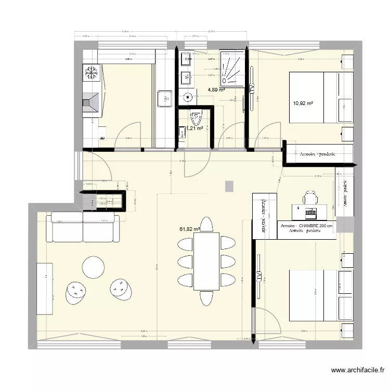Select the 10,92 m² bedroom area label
pyautogui.click(x=303, y=103)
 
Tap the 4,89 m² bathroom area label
pyautogui.click(x=216, y=89)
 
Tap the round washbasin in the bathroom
pyautogui.click(x=187, y=97)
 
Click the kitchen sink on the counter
pyautogui.click(x=165, y=97)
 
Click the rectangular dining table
pyautogui.click(x=206, y=261)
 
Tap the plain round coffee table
pyautogui.click(x=95, y=267)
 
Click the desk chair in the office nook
pyautogui.click(x=310, y=198)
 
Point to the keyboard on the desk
pyautogui.click(x=311, y=213)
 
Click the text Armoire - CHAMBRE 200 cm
pyautogui.click(x=307, y=226)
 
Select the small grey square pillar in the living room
pyautogui.click(x=229, y=186)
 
